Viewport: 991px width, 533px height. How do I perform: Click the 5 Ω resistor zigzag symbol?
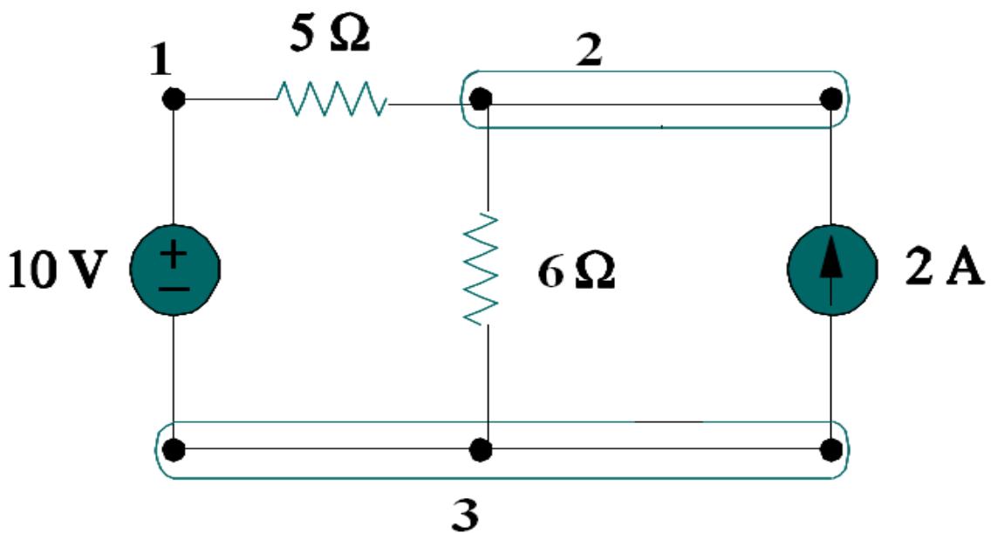(x=332, y=99)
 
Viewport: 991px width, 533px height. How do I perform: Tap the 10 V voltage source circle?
(x=174, y=269)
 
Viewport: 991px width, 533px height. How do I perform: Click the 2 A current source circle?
(x=831, y=269)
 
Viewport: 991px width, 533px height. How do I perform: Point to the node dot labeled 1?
(x=174, y=99)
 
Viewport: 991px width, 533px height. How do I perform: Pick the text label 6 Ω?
(x=576, y=273)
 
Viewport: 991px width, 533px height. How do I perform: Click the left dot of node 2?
(x=478, y=99)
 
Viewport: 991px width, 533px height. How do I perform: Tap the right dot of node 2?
(x=831, y=99)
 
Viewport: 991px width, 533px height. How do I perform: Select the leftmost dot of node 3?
(x=174, y=451)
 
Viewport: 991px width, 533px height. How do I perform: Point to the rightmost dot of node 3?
(x=831, y=451)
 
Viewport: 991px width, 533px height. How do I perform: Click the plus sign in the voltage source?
(x=174, y=256)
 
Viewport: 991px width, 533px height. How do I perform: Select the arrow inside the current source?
(x=831, y=267)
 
